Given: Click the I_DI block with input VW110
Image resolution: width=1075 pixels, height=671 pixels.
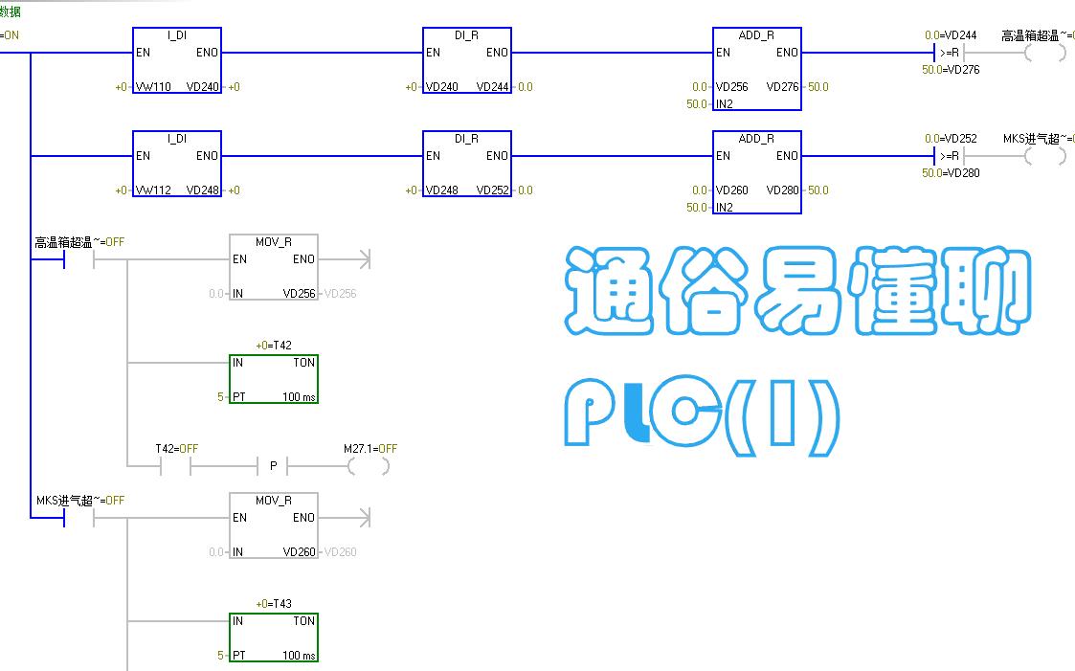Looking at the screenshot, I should pos(177,60).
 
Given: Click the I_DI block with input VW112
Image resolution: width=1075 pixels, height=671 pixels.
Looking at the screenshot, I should pos(177,164).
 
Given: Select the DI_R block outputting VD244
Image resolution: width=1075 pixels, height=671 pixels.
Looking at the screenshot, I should pos(467,60).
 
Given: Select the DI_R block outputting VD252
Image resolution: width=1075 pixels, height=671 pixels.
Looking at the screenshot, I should pos(467,164).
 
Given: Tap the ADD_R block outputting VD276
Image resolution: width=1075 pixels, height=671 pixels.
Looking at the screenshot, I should pos(756,69).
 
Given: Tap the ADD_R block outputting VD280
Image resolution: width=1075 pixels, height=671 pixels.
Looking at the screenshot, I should pos(756,172).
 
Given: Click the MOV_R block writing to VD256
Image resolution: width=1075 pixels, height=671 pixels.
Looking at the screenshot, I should pos(274,267).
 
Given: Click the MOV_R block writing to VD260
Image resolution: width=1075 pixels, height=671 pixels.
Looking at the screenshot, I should pos(274,526).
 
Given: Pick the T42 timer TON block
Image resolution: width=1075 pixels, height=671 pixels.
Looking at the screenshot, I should pos(274,379).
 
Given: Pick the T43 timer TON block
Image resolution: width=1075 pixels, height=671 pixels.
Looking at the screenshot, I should pos(274,637).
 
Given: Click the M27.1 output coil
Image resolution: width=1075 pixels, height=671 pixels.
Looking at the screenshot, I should pos(370,466).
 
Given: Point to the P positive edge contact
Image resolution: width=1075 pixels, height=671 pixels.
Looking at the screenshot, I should pos(273,466).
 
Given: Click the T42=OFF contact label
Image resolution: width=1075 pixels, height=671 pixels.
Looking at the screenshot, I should pos(176,448).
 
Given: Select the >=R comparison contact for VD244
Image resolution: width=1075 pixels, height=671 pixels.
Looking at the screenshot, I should pos(948,53).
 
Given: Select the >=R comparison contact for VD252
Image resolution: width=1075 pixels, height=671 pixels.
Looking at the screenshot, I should pos(948,156).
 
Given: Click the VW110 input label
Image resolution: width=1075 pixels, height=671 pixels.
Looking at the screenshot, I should pos(153,87).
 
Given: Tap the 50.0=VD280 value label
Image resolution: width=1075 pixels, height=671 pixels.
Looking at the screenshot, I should pos(951,173).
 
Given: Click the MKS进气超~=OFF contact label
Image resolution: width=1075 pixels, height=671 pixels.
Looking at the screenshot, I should pos(80,501).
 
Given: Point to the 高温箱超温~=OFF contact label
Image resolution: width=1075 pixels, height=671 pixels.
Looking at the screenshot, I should pos(79,242).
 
